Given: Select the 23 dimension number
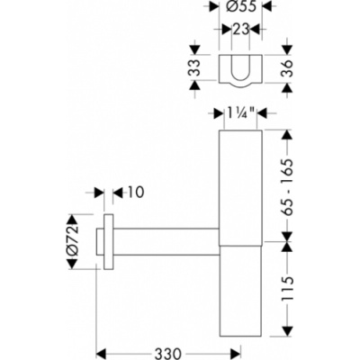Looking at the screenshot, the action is click(x=240, y=30).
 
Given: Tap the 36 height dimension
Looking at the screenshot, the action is click(x=287, y=68).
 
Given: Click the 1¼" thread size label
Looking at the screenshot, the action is click(x=240, y=113).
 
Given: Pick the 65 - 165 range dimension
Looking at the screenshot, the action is click(x=287, y=185).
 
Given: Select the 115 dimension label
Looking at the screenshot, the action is click(x=287, y=289).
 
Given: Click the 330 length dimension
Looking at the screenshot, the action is click(x=168, y=353).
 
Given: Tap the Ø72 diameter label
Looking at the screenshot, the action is click(x=72, y=241).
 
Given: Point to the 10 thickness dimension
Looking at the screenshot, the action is click(x=134, y=192).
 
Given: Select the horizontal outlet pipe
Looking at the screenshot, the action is click(x=166, y=241).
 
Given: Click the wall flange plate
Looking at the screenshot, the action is click(x=109, y=241).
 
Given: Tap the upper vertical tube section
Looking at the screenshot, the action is click(x=240, y=188).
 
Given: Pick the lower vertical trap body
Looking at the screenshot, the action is click(x=240, y=291).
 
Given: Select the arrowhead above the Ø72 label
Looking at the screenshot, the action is click(x=72, y=220).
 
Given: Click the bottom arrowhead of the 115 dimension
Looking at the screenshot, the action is click(x=287, y=330).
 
